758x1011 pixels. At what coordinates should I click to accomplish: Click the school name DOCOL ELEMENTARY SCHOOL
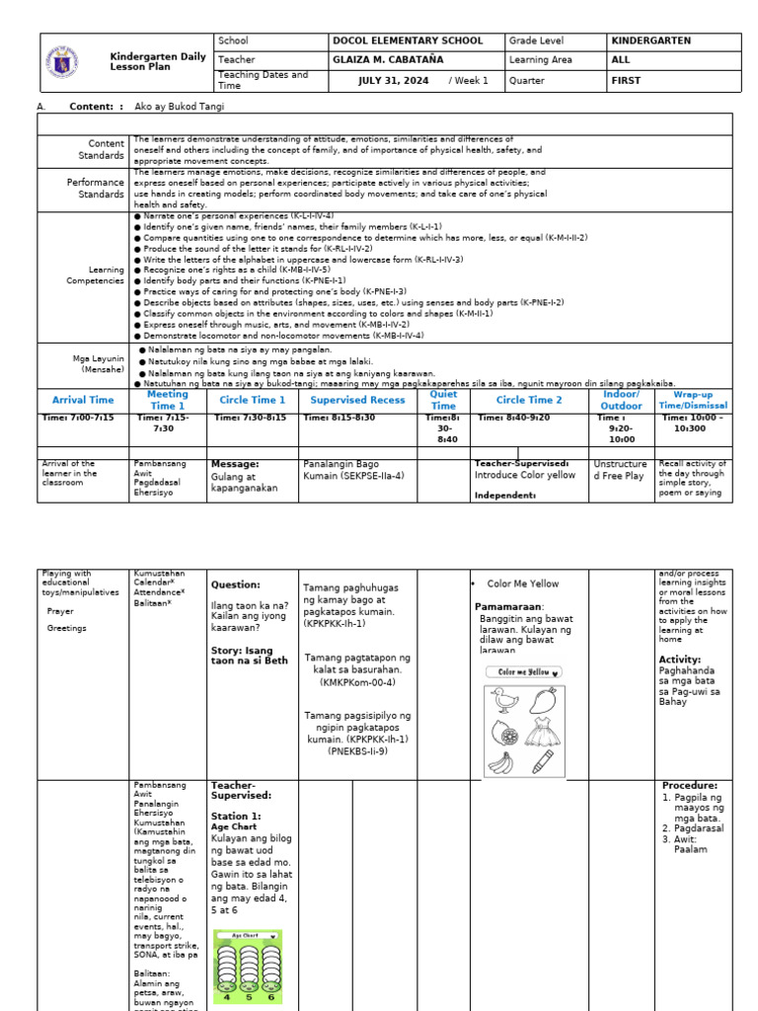pos(408,41)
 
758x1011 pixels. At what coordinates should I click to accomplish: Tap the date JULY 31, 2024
pos(393,81)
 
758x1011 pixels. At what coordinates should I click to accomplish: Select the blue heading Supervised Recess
pos(357,400)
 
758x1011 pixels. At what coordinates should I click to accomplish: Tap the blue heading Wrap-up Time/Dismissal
pos(694,400)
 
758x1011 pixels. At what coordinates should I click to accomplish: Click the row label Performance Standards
pos(96,188)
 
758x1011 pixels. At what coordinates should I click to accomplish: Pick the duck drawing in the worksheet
pos(505,702)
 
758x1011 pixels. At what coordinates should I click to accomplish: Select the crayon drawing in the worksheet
pos(543,762)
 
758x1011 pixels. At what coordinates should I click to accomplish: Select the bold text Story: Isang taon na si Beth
pos(249,656)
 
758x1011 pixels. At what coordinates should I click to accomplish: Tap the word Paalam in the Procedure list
pos(691,849)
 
